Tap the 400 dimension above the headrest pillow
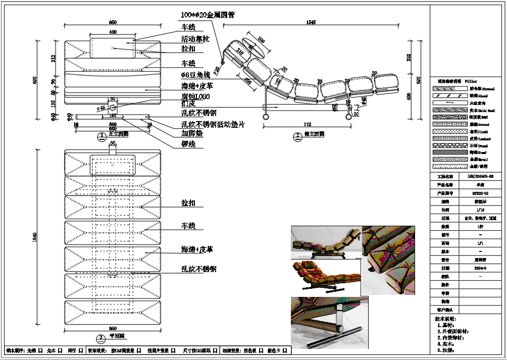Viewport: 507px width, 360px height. pyautogui.click(x=113, y=32)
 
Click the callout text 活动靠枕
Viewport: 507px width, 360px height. pyautogui.click(x=195, y=39)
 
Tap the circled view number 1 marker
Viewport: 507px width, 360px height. pyautogui.click(x=100, y=135)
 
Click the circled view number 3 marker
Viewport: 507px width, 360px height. pyautogui.click(x=100, y=337)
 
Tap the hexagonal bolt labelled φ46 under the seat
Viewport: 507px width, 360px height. pyautogui.click(x=113, y=107)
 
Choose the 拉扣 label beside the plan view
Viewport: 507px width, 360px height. pyautogui.click(x=188, y=203)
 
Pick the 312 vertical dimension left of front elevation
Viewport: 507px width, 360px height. pyautogui.click(x=54, y=58)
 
